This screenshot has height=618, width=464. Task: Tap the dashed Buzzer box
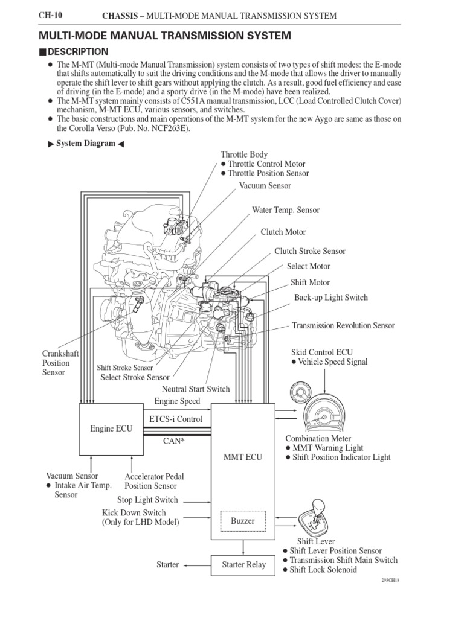tap(243, 520)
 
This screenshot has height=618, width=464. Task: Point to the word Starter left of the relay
tap(167, 565)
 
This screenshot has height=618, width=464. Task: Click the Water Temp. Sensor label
tap(286, 210)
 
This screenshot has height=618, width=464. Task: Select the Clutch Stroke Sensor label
tap(310, 251)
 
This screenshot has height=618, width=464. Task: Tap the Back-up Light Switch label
tap(330, 298)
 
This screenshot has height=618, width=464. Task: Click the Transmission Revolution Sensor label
tap(343, 325)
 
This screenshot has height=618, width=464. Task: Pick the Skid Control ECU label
tap(321, 352)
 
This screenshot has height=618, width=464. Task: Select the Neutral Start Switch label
tap(196, 389)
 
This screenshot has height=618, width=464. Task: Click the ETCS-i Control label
tap(175, 419)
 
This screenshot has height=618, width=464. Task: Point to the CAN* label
tap(174, 441)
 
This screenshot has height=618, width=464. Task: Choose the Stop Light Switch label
tap(148, 500)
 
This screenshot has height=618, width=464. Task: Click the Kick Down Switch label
tap(134, 513)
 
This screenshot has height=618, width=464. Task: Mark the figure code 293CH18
tap(391, 580)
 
